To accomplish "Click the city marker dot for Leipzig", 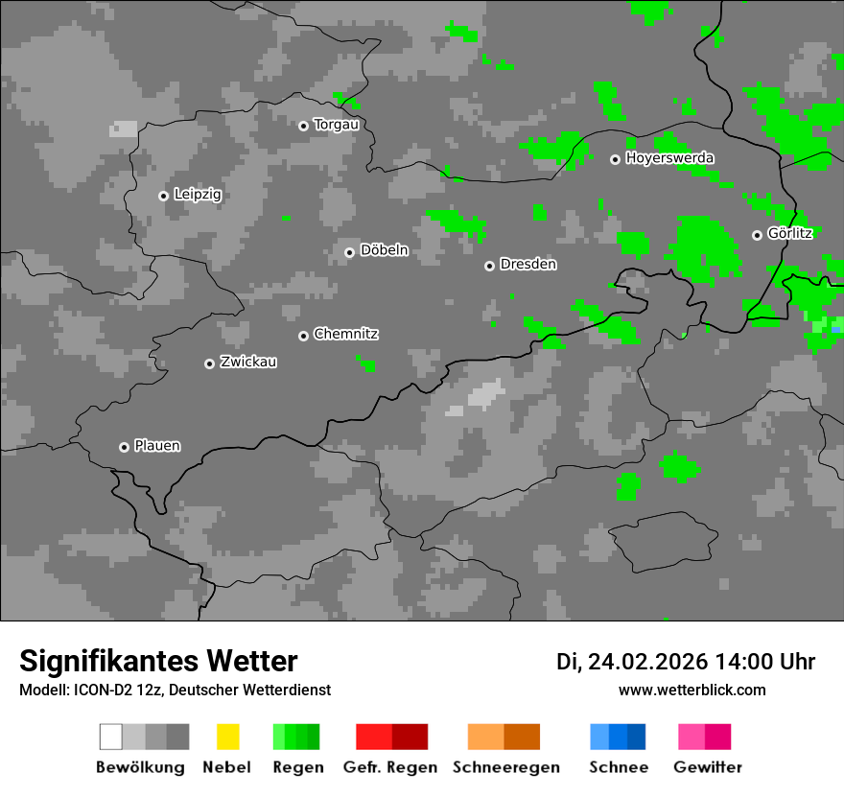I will coord(163,196).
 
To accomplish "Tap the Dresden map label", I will coord(528,264).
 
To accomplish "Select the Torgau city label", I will coord(336,125).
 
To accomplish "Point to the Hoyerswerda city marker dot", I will coord(615,159).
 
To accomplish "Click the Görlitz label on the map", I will coord(790,233).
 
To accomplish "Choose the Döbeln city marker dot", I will coord(349,252).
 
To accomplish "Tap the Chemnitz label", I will coord(346,334).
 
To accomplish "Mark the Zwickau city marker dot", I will coord(209,363).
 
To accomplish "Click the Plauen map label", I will coord(157,446).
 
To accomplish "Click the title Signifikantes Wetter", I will coord(158,661).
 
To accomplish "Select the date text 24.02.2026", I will coord(647,662).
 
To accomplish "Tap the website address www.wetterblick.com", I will coord(692,690).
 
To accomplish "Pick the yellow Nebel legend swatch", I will coord(228,737).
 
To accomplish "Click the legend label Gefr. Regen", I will coord(390,767).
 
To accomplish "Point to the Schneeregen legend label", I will coord(506,767).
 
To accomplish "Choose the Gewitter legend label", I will coord(708,767).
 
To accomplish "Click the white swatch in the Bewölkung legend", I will coord(111,737).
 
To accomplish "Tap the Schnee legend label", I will coord(619,767).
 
